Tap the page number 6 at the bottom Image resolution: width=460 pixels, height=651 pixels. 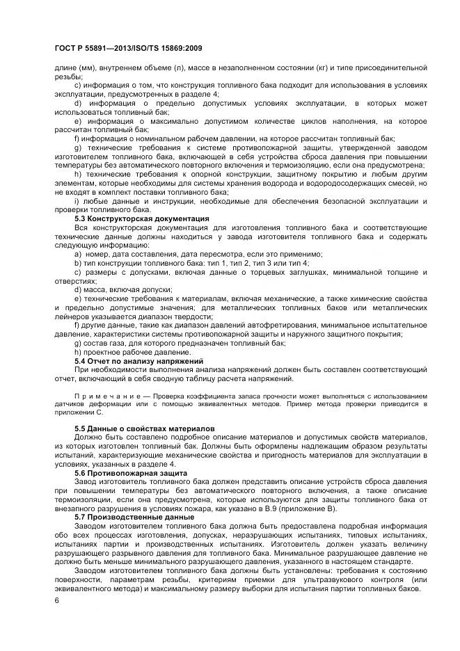pyautogui.click(x=57, y=599)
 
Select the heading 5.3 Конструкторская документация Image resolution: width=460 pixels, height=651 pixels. pyautogui.click(x=142, y=218)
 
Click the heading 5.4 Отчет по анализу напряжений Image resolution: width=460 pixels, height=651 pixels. pyautogui.click(x=138, y=361)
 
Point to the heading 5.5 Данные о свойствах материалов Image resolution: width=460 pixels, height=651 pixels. pyautogui.click(x=145, y=427)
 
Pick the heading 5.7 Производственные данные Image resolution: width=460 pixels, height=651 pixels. pyautogui.click(x=134, y=517)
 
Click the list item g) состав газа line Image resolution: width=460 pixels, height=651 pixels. pyautogui.click(x=180, y=344)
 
